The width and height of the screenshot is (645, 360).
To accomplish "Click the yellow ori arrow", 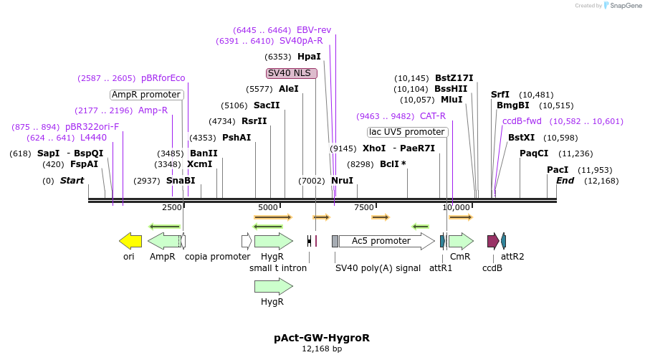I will [130, 241].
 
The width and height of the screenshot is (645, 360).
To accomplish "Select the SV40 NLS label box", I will [291, 73].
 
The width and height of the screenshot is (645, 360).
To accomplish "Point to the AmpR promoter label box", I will [146, 95].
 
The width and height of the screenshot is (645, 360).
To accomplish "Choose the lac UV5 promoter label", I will [407, 132].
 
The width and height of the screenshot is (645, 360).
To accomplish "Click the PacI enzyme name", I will [558, 170].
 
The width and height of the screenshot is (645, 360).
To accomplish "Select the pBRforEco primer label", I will [163, 78].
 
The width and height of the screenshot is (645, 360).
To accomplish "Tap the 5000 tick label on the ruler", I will [269, 207].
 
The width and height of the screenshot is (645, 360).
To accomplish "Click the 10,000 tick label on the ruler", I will [456, 207].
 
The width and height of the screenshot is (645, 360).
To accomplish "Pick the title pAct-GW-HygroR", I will [322, 337].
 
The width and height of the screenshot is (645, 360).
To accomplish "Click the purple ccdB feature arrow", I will [493, 241].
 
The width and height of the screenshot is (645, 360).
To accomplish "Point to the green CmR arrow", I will [461, 241].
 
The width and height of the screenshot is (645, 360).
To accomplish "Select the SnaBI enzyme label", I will [181, 181].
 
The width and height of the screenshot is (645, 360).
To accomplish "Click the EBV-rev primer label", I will [314, 30].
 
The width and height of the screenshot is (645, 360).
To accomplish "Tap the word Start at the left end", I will [72, 181].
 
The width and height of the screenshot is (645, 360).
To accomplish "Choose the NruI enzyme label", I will [343, 181].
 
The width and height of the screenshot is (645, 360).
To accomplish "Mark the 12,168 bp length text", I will [322, 349].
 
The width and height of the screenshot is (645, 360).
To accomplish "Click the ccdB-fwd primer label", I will [522, 121].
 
